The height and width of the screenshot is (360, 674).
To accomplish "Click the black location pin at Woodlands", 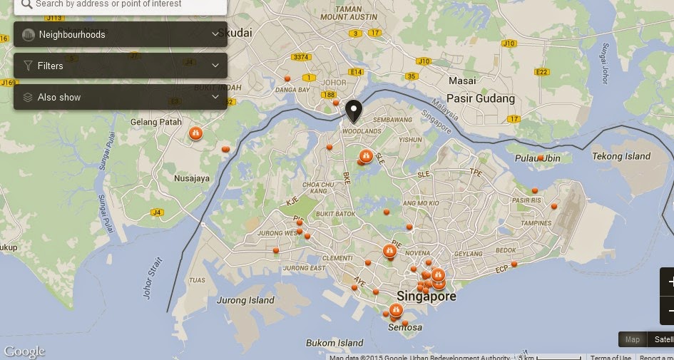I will point(353,110).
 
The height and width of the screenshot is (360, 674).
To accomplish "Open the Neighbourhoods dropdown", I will point(121,34).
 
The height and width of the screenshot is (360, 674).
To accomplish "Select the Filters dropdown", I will point(121,66).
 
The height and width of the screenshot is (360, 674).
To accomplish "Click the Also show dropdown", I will point(121,97).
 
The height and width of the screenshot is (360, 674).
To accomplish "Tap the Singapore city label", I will point(427,296).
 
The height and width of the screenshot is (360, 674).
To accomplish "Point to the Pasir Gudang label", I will point(480,98).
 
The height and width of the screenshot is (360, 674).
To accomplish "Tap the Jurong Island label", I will point(245,300).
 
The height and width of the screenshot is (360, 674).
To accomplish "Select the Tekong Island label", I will point(622,156).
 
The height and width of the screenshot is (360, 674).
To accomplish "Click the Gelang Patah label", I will point(156,122).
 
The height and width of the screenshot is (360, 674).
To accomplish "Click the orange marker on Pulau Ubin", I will point(541,158).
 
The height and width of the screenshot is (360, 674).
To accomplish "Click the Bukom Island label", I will point(335,343).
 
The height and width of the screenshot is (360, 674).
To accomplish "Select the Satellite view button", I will point(663,340).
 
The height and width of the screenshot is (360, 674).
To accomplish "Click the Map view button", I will point(632,340).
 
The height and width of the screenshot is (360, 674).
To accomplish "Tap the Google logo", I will point(24,351).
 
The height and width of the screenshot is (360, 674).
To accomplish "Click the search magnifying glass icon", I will point(26,3).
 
